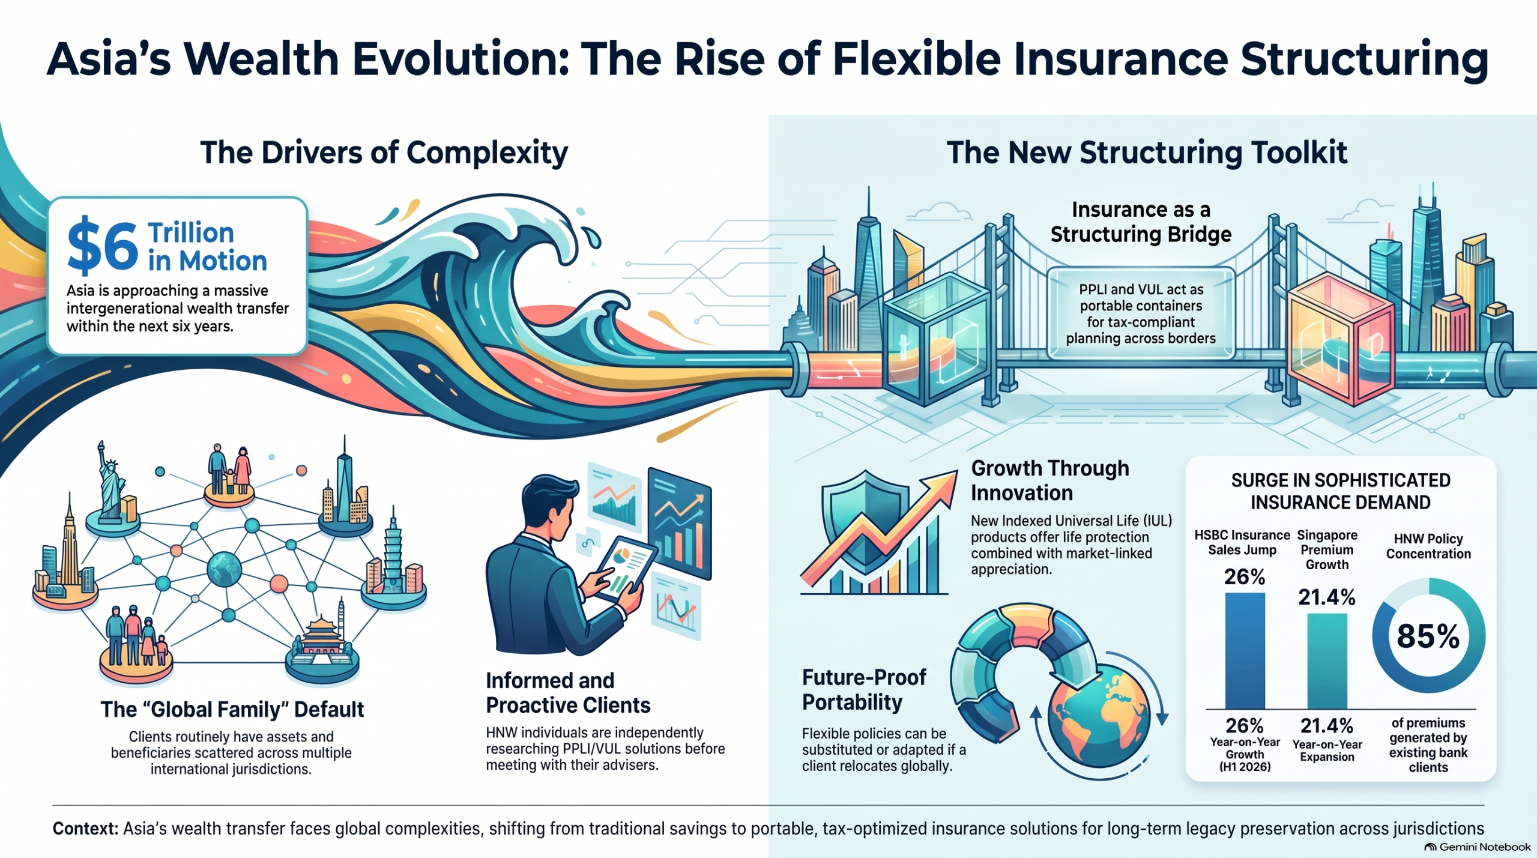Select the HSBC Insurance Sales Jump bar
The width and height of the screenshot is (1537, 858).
click(1245, 651)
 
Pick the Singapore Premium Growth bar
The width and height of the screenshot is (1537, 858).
click(1327, 661)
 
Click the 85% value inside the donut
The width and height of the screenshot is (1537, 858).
click(1428, 636)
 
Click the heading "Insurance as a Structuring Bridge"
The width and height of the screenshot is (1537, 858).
click(1141, 222)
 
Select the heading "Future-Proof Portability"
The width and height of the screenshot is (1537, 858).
click(864, 690)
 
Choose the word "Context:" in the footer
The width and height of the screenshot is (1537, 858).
click(85, 829)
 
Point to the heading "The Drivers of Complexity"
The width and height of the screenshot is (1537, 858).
click(384, 153)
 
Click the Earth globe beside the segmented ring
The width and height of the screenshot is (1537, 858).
click(1099, 718)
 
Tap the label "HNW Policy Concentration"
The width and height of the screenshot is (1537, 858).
click(1428, 546)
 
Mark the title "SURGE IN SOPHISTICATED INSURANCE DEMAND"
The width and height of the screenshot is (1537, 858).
click(1341, 491)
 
